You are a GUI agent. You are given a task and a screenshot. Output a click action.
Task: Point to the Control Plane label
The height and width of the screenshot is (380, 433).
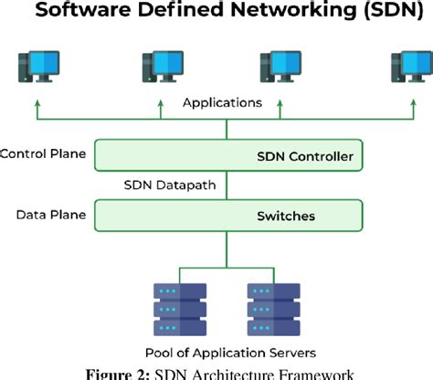pos(44,153)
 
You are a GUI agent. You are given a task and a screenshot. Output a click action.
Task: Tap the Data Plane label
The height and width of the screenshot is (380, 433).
pos(51,216)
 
